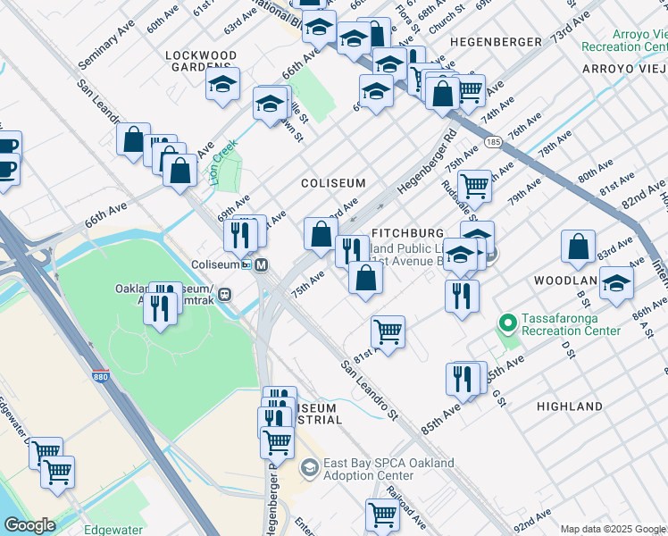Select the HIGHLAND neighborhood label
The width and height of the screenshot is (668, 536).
[x=569, y=406]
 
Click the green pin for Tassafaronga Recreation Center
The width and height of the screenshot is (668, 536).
[x=507, y=322]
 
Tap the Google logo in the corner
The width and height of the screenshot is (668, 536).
[x=29, y=525]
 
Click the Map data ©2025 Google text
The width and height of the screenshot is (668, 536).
[x=612, y=529]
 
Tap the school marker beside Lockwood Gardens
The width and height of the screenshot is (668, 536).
[x=222, y=85]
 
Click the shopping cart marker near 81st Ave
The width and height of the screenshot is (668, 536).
[x=387, y=332]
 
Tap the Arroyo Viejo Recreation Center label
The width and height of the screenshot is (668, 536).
[x=623, y=38]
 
